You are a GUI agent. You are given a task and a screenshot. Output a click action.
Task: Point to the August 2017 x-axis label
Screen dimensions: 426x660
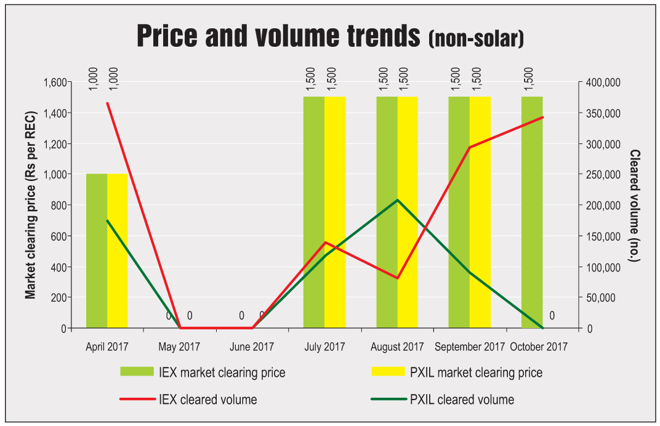397,347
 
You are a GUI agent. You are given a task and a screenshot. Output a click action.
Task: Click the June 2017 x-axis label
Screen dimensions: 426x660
252,347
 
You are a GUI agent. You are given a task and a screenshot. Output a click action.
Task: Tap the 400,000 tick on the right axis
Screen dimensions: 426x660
603,82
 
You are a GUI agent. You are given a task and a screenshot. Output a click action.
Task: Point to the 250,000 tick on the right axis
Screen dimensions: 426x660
603,175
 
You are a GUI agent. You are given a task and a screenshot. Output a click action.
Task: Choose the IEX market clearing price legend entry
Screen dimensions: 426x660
203,372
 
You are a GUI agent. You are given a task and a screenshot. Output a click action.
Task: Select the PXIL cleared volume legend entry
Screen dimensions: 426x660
443,400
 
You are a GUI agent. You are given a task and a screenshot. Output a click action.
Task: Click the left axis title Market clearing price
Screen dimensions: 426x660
30,205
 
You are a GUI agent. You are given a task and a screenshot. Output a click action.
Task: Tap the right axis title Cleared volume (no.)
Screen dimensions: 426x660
635,205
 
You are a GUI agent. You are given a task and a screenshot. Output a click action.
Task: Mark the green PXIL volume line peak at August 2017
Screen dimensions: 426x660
398,200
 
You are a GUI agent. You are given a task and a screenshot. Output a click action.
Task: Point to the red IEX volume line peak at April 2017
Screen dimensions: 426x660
107,103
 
